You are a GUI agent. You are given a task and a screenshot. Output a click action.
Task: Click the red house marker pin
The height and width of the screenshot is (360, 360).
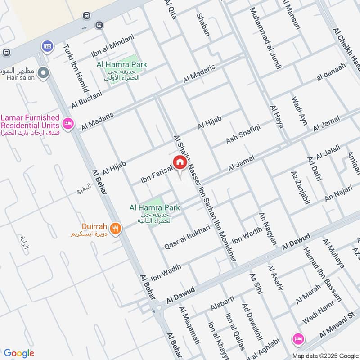[x=179, y=162]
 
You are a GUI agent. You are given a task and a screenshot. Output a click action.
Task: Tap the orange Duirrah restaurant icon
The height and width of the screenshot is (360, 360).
[x=116, y=228]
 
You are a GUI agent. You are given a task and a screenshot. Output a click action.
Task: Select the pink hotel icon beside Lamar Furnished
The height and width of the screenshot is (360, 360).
[x=68, y=123]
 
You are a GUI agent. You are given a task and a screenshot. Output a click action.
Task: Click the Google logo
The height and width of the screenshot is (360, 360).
[x=19, y=353]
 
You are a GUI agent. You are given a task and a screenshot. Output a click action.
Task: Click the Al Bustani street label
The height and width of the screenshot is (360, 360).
[x=87, y=99]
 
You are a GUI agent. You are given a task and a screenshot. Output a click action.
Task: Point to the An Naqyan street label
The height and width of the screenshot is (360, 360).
[x=268, y=229]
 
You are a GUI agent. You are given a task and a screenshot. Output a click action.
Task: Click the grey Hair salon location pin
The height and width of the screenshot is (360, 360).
[x=43, y=72]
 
